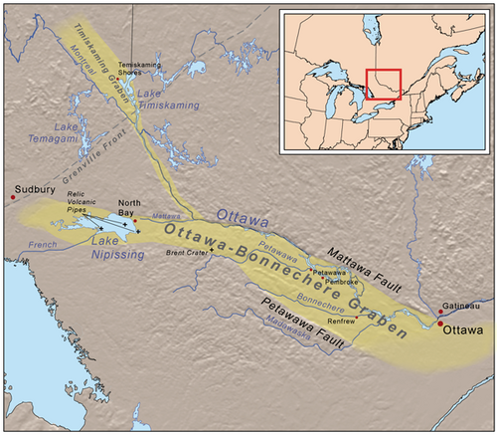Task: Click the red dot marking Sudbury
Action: (13, 197)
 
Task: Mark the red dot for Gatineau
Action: (440, 312)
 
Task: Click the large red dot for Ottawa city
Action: (440, 325)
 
